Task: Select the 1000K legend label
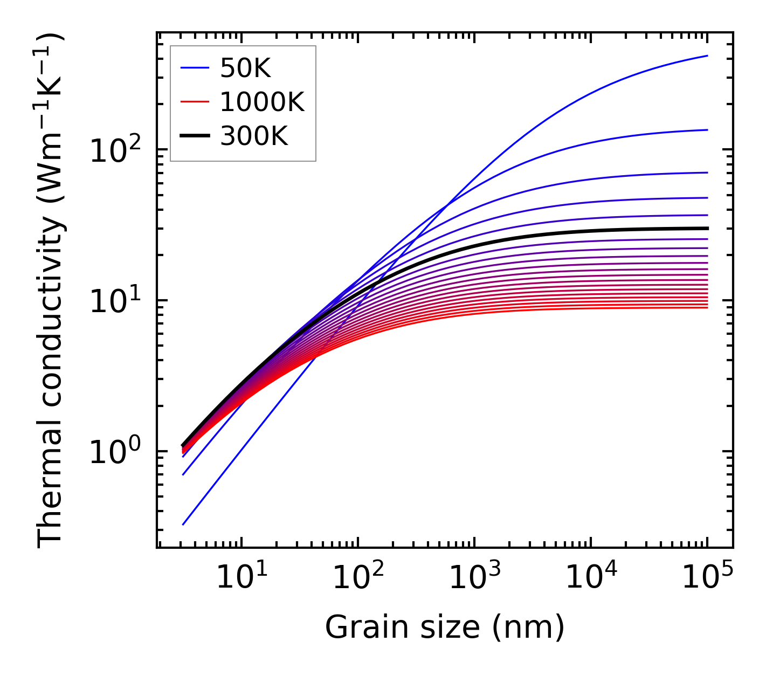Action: [x=262, y=102]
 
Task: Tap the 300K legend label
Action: [x=254, y=136]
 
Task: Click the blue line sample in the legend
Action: [x=195, y=68]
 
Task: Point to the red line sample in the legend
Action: [x=195, y=102]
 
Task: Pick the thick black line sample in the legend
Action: [x=195, y=136]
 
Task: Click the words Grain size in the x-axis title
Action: [x=402, y=627]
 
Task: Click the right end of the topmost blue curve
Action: [x=707, y=56]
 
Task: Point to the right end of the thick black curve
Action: [x=707, y=228]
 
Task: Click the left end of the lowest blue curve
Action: [x=183, y=524]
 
